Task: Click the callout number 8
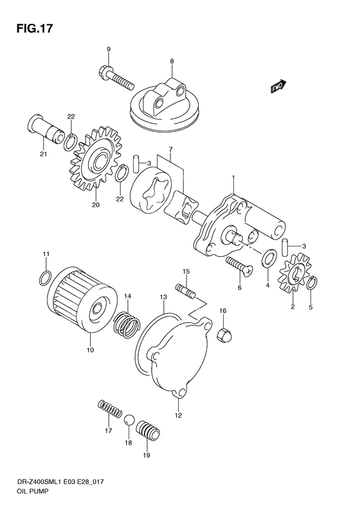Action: coord(172,62)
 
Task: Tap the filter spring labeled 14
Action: coord(127,323)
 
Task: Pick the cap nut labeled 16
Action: coord(224,333)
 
